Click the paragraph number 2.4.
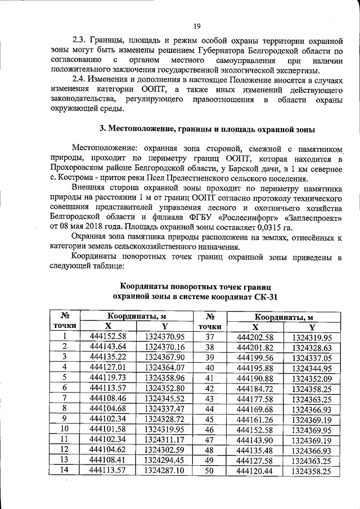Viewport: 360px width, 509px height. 82,81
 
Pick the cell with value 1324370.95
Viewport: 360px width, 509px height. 165,337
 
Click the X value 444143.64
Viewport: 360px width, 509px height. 109,346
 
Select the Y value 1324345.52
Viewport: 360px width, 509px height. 165,397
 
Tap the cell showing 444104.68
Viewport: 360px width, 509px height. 109,407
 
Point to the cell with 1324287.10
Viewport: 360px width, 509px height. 165,469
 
